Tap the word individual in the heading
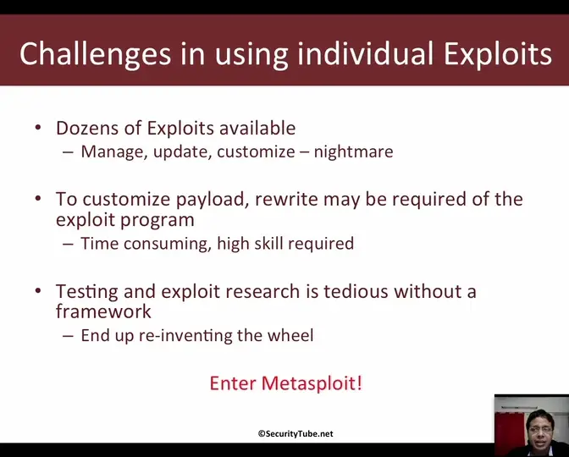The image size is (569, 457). (366, 53)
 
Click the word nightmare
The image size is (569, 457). (353, 151)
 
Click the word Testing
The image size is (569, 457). (86, 292)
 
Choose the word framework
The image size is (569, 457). (103, 311)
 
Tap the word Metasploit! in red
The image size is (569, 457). (312, 383)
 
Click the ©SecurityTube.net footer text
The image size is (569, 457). (296, 434)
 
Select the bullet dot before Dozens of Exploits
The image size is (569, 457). (38, 128)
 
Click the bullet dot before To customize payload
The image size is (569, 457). (38, 199)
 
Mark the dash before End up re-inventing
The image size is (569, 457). (68, 336)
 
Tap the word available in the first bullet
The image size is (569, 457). (257, 128)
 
